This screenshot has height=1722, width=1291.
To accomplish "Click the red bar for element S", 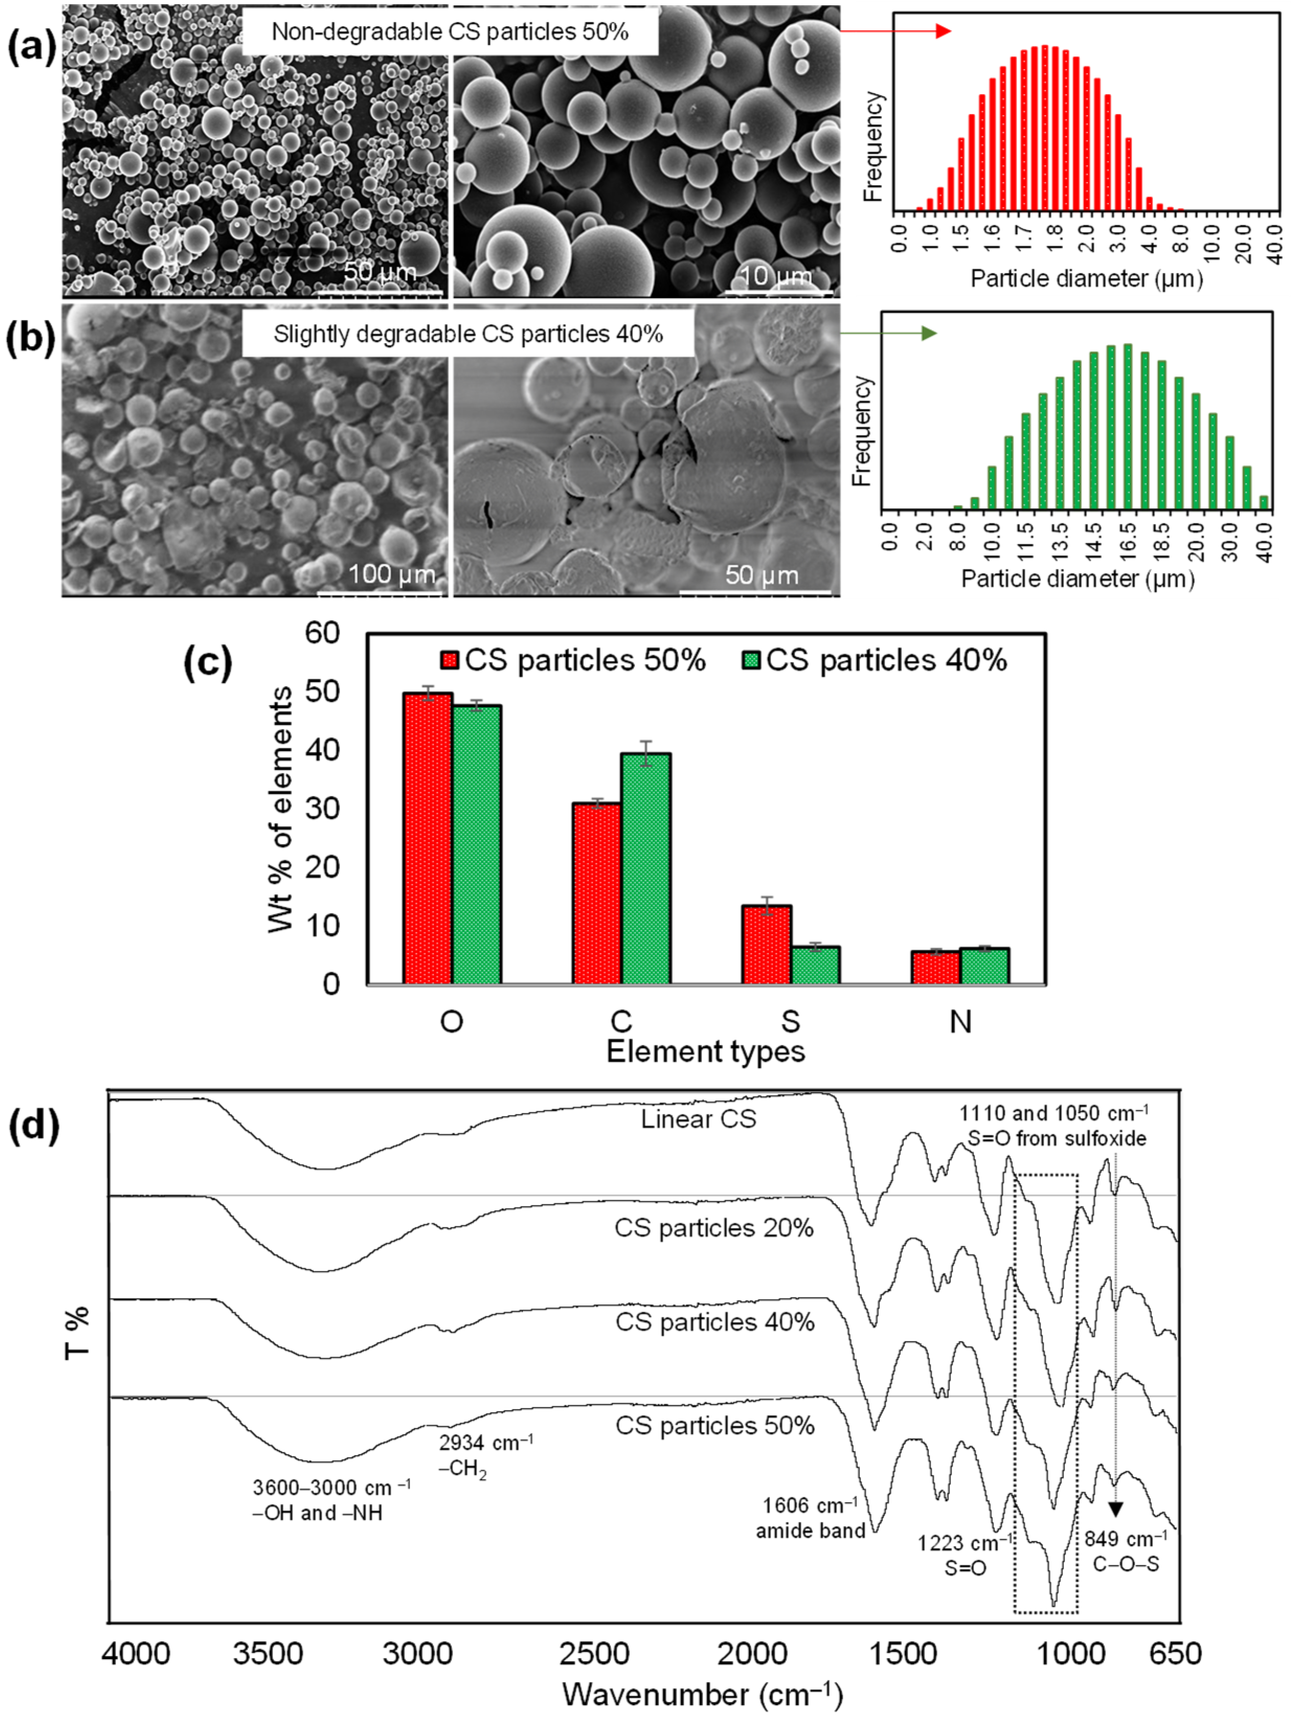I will [x=766, y=944].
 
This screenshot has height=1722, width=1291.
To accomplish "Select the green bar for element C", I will [x=645, y=868].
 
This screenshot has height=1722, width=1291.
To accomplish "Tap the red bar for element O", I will [x=427, y=838].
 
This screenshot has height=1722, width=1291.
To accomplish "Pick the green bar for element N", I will [x=984, y=965].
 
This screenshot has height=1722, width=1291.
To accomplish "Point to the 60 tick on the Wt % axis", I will [x=322, y=633].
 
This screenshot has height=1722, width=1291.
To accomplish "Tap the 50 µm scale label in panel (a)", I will [x=381, y=272].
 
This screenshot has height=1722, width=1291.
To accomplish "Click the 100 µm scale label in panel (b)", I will [x=391, y=575].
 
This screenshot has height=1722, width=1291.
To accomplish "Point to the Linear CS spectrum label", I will [x=698, y=1120].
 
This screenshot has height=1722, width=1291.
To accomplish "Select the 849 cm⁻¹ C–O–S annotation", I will [x=1125, y=1550].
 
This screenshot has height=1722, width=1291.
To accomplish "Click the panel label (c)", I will [x=207, y=663].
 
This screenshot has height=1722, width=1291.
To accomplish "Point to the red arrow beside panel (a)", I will [x=896, y=31].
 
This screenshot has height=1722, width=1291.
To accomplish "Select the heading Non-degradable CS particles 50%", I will [x=449, y=31].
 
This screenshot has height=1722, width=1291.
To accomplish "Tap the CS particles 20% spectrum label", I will [x=714, y=1228].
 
